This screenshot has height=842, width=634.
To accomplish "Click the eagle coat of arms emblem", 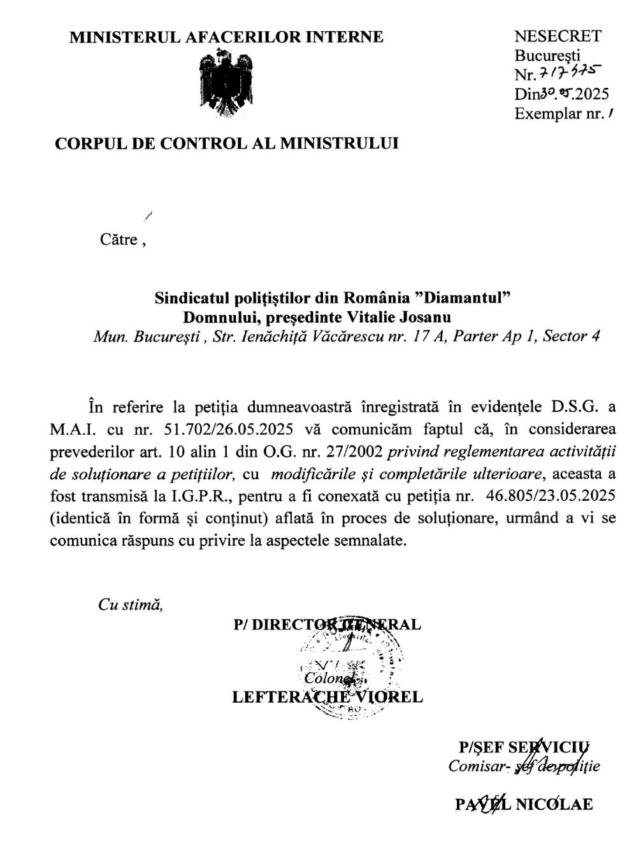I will point(226,86).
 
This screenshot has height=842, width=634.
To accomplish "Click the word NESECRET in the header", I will point(557,37).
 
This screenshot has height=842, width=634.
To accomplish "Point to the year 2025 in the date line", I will point(592,94).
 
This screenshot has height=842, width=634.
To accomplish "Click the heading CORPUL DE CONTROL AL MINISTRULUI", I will point(227,143).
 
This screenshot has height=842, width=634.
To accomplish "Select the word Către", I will point(119,240).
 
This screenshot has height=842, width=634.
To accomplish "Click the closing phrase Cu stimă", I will point(131,605).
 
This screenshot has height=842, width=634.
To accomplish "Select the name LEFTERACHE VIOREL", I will point(327,696).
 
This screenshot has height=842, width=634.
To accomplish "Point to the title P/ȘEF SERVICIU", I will point(524,747).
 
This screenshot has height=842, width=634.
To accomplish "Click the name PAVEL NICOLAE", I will point(524,804).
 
